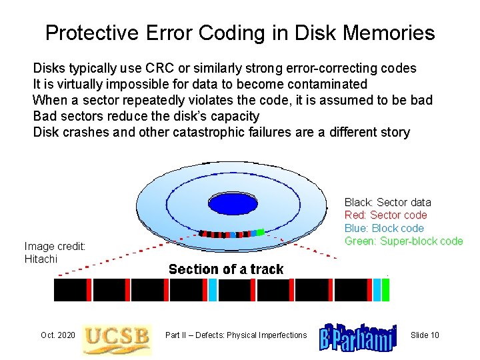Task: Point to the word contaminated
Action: [327, 84]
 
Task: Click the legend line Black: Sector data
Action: [387, 202]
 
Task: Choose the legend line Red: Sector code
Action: [385, 215]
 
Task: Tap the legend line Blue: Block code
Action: [384, 228]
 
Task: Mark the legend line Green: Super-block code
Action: [403, 241]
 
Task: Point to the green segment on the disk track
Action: [261, 232]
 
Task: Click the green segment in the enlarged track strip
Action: [385, 290]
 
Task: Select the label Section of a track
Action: [226, 269]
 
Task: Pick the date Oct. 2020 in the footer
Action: [57, 335]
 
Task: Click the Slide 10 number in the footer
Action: [425, 335]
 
